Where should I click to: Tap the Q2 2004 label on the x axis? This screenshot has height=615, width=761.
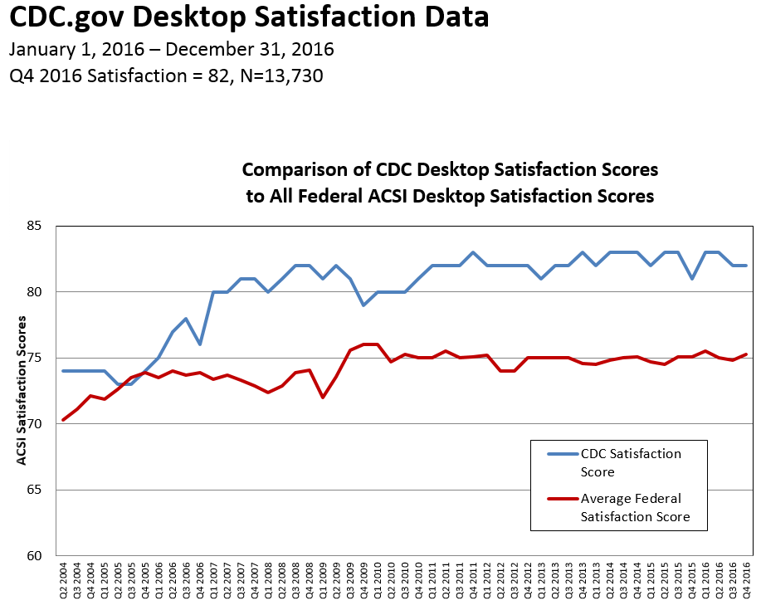pos(63,580)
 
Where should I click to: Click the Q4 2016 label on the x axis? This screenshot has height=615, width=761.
pos(745,580)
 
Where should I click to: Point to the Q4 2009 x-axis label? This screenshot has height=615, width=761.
pos(363,580)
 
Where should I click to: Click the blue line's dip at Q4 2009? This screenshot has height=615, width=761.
pos(363,305)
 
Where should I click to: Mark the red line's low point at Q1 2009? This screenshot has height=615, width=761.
pos(322,397)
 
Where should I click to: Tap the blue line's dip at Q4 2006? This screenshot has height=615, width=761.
pos(200,344)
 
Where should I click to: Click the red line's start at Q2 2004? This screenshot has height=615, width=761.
pos(63,419)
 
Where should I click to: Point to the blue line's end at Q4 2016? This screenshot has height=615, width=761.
pos(745,266)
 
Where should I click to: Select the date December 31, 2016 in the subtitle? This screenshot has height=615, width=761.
pos(263,49)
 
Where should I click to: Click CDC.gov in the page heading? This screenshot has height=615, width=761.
pos(57,17)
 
